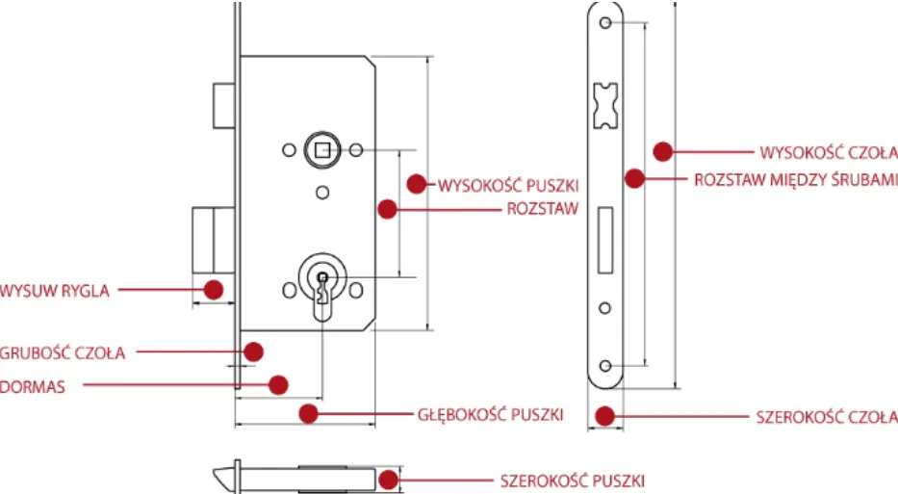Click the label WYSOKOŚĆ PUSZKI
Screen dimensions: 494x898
click(x=508, y=183)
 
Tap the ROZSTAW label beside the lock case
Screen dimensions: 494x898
click(x=542, y=208)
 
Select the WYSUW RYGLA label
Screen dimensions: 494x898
click(x=54, y=289)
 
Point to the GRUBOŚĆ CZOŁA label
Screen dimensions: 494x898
click(x=63, y=352)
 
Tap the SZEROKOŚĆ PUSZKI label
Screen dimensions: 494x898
click(x=572, y=480)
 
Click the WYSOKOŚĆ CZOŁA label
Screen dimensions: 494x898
click(x=829, y=152)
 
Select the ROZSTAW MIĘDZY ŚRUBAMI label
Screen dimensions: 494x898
click(x=796, y=179)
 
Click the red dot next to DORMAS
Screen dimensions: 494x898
click(x=278, y=384)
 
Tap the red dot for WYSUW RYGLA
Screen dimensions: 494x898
click(x=214, y=288)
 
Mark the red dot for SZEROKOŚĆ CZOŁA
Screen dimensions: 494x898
click(x=604, y=416)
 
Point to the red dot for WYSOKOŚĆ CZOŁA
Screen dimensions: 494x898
click(x=661, y=151)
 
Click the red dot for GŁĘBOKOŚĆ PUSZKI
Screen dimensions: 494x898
click(x=308, y=413)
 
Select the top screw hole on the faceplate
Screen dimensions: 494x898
click(x=604, y=23)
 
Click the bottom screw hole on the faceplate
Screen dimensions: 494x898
click(x=604, y=365)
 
